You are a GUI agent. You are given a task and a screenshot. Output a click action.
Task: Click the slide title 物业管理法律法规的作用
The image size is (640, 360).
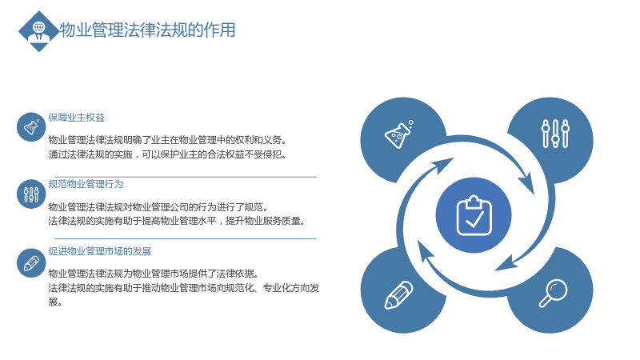(x=147, y=30)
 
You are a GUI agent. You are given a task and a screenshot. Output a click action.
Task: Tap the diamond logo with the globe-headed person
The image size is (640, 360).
(x=38, y=31)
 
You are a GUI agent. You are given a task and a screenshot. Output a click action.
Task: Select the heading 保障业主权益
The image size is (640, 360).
(x=76, y=118)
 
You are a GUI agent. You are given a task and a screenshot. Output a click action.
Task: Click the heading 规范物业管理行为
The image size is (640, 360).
(x=86, y=184)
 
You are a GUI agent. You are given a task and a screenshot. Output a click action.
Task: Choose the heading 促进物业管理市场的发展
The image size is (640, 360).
(x=99, y=251)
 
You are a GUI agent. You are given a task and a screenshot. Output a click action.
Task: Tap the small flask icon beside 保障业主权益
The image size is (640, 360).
(x=31, y=127)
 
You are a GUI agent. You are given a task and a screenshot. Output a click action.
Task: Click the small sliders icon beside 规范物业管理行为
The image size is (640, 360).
(x=31, y=194)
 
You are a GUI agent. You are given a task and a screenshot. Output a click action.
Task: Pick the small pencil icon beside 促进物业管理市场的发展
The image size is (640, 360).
(x=31, y=263)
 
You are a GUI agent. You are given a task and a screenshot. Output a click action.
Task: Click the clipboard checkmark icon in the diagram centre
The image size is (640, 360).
(x=474, y=215)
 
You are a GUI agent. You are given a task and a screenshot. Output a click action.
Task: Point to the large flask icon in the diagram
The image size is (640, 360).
(x=398, y=134)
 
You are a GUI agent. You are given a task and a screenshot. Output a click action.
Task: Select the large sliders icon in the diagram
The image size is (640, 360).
(x=555, y=134)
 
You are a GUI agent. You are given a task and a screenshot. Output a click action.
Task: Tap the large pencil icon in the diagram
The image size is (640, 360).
(x=398, y=294)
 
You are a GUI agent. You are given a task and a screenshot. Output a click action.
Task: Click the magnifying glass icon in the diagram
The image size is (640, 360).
(x=553, y=293)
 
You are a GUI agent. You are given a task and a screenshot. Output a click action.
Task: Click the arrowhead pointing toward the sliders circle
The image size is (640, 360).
(x=527, y=183)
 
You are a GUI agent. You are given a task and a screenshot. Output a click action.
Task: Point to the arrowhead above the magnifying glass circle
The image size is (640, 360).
(x=506, y=263)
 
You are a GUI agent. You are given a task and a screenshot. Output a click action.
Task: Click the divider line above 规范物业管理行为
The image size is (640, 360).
(x=186, y=177)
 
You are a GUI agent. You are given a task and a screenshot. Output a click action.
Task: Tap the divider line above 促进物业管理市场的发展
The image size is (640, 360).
(x=186, y=238)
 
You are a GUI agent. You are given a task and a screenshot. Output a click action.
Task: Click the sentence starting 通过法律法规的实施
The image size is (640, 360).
(x=168, y=154)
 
